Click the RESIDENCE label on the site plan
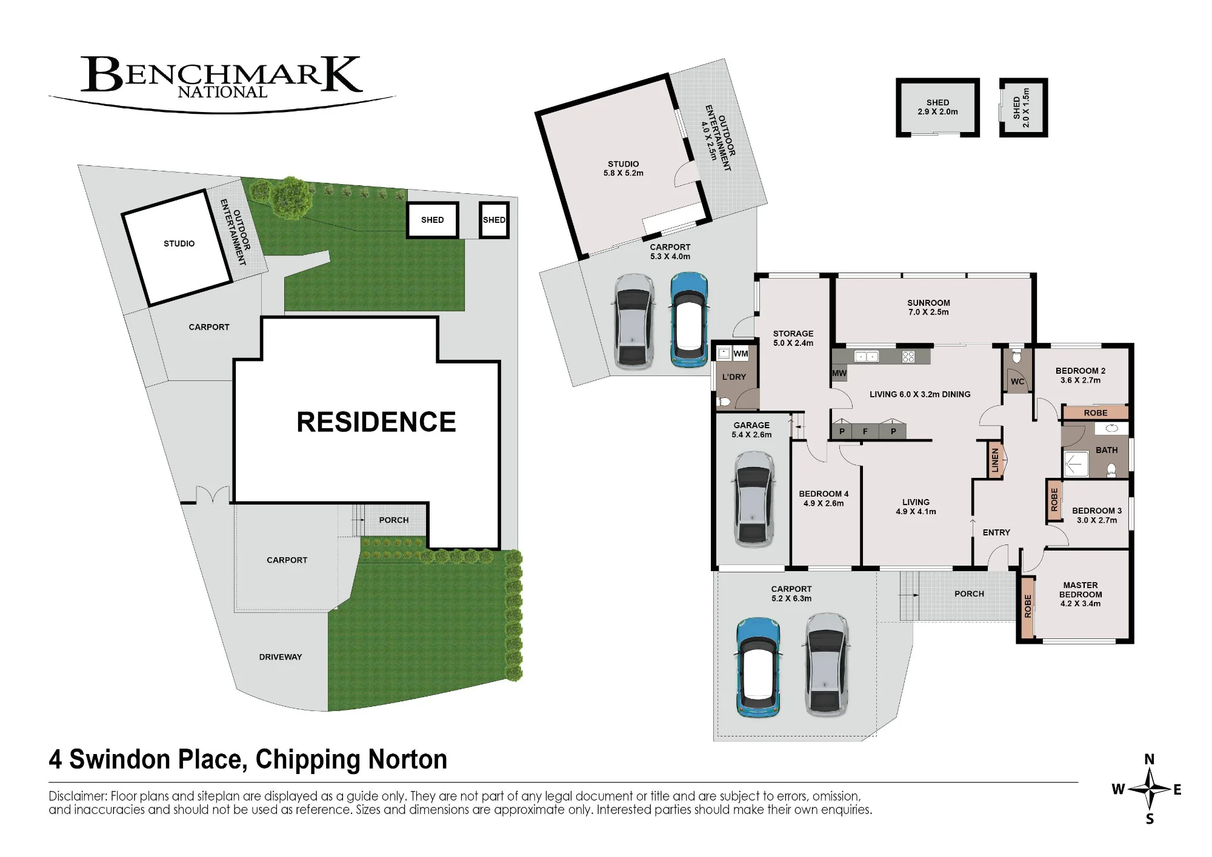(x=376, y=422)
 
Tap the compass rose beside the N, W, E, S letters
(x=1150, y=789)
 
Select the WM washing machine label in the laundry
(x=741, y=354)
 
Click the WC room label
(x=1017, y=382)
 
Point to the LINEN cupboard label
(x=994, y=460)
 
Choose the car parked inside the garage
(x=753, y=499)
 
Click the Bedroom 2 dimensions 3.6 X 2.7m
(x=1080, y=380)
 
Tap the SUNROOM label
(x=928, y=303)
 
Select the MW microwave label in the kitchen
(x=839, y=373)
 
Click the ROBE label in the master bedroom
(x=1028, y=606)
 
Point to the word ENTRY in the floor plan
(x=996, y=532)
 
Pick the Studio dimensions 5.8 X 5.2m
(x=623, y=173)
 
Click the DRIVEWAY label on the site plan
(x=280, y=657)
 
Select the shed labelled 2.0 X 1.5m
(x=1024, y=107)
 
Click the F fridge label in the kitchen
(x=865, y=432)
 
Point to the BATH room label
(x=1107, y=450)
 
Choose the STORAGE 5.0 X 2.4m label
(x=793, y=338)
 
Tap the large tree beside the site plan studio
(x=290, y=197)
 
